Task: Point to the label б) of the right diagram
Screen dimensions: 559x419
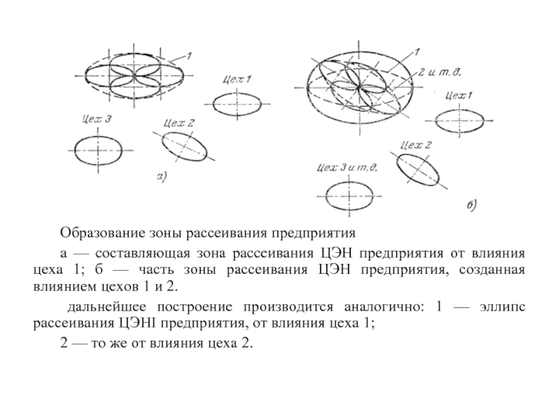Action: [x=470, y=205]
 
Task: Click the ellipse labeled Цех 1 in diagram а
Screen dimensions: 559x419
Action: [x=238, y=105]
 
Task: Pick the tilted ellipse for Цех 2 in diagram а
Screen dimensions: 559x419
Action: [x=186, y=147]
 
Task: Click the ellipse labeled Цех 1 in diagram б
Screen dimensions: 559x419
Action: [x=458, y=121]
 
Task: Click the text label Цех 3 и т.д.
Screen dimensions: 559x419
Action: [x=347, y=167]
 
